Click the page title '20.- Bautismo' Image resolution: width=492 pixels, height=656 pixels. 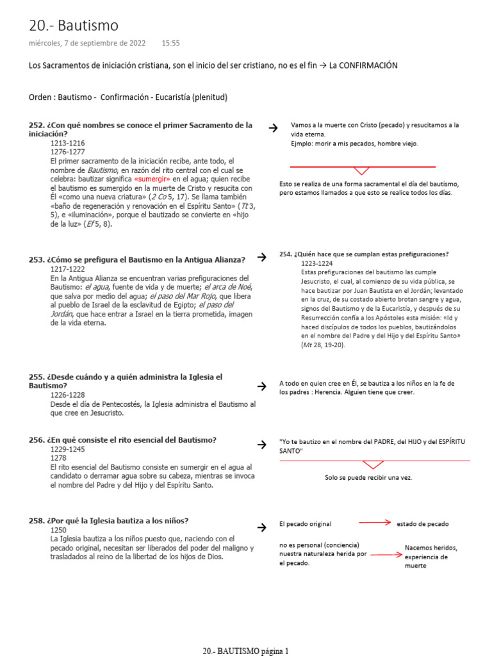tap(74, 26)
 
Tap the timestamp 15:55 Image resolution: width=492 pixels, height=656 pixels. tap(170, 44)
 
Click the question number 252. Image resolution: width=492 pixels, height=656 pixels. tap(37, 126)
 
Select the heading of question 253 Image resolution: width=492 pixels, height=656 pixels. tap(137, 259)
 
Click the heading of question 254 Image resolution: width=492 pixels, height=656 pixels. tap(364, 254)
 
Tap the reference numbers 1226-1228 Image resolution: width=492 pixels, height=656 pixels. tap(67, 395)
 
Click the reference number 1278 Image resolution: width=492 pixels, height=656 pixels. tap(59, 458)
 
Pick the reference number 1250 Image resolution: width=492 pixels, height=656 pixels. tap(59, 530)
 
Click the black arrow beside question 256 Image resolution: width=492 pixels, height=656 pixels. tap(261, 444)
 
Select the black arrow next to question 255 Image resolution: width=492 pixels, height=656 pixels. tap(261, 386)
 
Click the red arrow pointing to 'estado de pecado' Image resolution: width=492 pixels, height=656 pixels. tap(375, 523)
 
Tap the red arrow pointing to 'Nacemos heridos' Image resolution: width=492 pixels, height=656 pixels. tap(386, 554)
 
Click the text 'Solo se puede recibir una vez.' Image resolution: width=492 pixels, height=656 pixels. tap(368, 478)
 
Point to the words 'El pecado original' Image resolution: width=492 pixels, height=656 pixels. tap(306, 524)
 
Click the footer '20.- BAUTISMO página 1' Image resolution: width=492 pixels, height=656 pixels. tap(246, 650)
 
